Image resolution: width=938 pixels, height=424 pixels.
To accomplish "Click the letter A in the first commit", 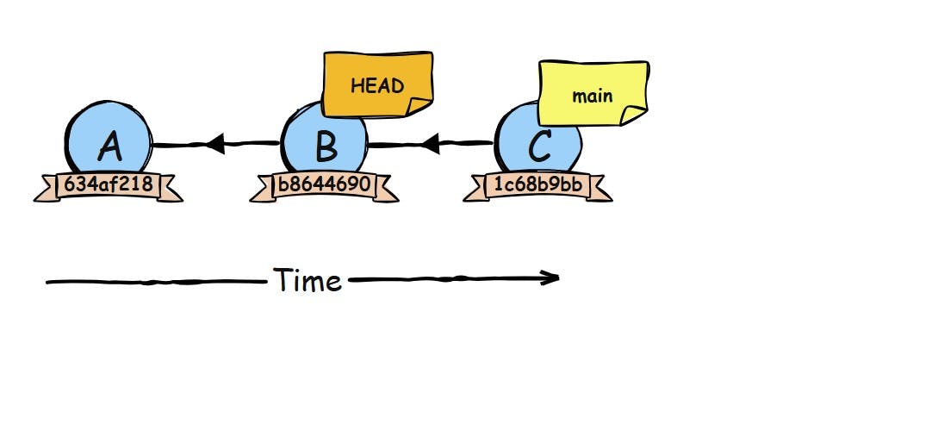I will [109, 147].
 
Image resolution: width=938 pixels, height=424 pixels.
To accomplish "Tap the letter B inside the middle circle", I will [326, 147].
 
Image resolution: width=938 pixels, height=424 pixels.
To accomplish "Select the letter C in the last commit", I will [539, 147].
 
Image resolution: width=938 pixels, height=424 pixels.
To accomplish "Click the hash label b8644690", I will [324, 184].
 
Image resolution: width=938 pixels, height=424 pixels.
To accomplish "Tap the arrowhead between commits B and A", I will [215, 144].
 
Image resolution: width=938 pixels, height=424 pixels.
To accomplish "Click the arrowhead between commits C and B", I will [431, 144].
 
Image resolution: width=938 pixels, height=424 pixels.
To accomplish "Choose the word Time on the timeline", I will [308, 281].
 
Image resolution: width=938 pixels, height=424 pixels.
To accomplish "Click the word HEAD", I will [377, 86].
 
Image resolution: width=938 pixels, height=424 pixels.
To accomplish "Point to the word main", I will [593, 95].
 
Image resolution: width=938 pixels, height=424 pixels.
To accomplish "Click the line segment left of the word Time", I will [155, 282].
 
